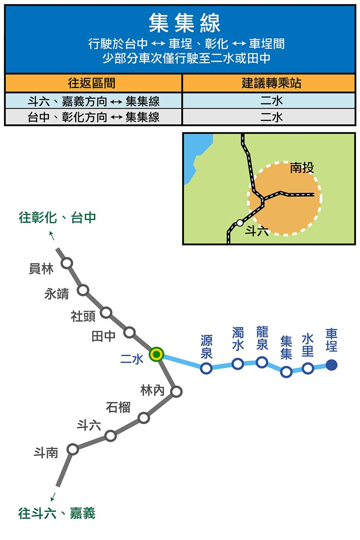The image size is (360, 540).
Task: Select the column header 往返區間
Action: click(93, 83)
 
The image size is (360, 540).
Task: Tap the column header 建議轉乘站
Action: click(271, 83)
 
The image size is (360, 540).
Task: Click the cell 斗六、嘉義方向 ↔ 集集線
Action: click(93, 101)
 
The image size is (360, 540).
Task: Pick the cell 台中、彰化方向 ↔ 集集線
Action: click(93, 117)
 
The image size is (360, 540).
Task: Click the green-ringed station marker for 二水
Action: click(156, 354)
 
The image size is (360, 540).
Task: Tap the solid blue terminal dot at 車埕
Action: click(331, 365)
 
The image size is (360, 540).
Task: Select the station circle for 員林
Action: click(67, 263)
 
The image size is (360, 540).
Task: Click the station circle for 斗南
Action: click(73, 449)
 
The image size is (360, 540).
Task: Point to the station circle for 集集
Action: click(286, 372)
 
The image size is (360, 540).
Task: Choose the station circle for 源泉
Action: click(206, 368)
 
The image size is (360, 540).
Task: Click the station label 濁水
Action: click(238, 339)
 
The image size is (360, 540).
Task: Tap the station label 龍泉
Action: click(262, 338)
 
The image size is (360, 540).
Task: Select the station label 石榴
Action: click(118, 407)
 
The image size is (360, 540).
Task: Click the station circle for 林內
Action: click(176, 392)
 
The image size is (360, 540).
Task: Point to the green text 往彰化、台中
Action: click(57, 218)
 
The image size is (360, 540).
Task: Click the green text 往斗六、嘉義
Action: click(57, 514)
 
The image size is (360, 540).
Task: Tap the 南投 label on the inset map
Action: click(302, 167)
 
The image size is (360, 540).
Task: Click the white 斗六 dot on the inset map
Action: click(240, 223)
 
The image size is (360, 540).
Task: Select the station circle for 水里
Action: click(308, 368)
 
